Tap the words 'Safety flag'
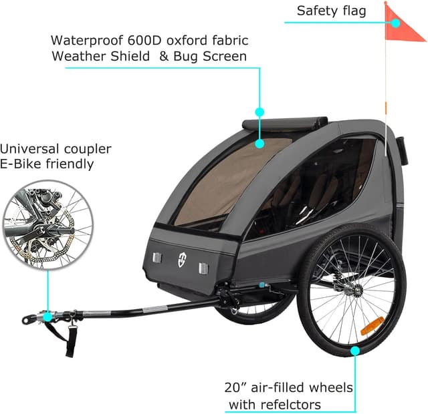(x=331, y=11)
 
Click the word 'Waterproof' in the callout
(x=87, y=41)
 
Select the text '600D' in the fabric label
(x=144, y=40)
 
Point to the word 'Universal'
(x=29, y=149)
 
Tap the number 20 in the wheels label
(x=233, y=387)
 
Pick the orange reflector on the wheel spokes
(x=372, y=326)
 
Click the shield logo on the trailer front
(x=182, y=259)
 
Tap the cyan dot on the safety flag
(x=395, y=23)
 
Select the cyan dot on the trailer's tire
(x=355, y=351)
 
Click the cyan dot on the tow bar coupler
(x=47, y=317)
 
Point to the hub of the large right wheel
(x=356, y=290)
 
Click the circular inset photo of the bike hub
(x=48, y=224)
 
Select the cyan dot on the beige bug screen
(x=260, y=144)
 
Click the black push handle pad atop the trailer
(x=285, y=123)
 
